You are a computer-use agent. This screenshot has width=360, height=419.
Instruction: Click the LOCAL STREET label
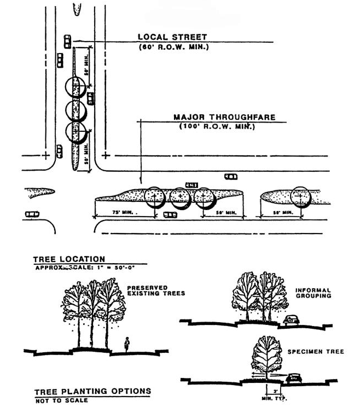pyautogui.click(x=172, y=37)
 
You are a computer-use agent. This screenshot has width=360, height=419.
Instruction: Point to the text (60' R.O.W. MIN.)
pyautogui.click(x=173, y=46)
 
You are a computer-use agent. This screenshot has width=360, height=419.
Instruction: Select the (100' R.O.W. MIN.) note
pyautogui.click(x=217, y=126)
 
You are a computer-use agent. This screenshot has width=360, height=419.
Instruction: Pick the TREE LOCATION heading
pyautogui.click(x=69, y=259)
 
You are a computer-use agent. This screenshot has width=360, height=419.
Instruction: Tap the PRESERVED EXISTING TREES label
pyautogui.click(x=156, y=290)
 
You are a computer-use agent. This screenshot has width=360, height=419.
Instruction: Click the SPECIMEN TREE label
pyautogui.click(x=316, y=352)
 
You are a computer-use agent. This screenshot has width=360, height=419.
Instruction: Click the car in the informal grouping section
pyautogui.click(x=291, y=320)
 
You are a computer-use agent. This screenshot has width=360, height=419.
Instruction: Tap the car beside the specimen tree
pyautogui.click(x=294, y=378)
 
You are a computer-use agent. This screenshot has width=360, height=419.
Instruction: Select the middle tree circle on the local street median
pyautogui.click(x=76, y=109)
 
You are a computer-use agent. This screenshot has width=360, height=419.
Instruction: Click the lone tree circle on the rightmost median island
pyautogui.click(x=300, y=197)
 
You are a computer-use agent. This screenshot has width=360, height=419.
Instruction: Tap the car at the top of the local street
pyautogui.click(x=67, y=40)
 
